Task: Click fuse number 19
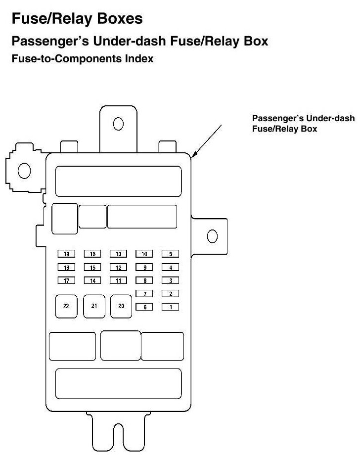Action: [x=66, y=254]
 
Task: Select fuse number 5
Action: [x=171, y=254]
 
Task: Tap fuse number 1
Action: [x=171, y=307]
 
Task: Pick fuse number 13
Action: [x=119, y=254]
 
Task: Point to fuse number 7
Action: [x=144, y=294]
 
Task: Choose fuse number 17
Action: [x=66, y=281]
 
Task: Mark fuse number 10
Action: [x=144, y=254]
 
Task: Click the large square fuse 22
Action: [x=66, y=306]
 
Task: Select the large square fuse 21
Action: [x=94, y=306]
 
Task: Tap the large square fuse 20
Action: [x=121, y=306]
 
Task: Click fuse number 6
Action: [x=144, y=307]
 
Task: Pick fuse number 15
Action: [x=92, y=268]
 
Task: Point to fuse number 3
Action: [x=171, y=281]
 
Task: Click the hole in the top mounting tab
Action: [x=118, y=123]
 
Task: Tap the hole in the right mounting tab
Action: [x=212, y=236]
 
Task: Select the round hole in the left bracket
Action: [x=24, y=171]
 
